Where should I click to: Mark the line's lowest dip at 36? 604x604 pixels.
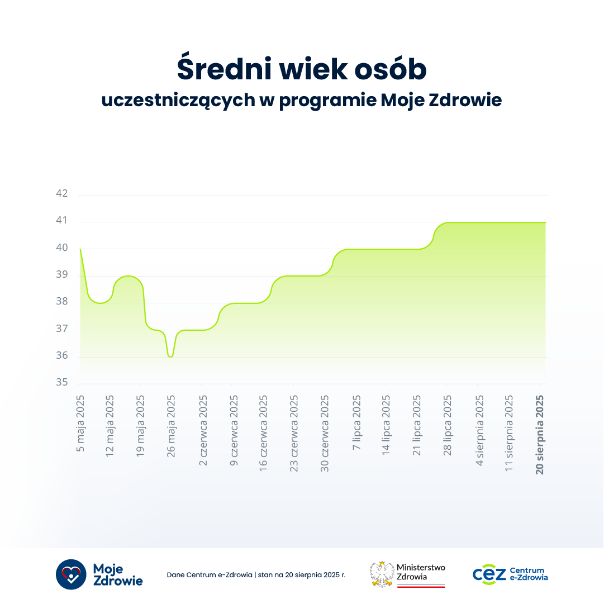coord(170,356)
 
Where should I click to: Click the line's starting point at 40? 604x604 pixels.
coord(80,249)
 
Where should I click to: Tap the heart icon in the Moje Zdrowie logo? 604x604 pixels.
coord(71,574)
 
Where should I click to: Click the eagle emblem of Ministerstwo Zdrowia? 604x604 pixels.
coord(382,574)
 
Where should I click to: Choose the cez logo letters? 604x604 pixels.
coord(489,574)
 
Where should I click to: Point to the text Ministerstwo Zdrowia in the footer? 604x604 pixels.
coord(420,572)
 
